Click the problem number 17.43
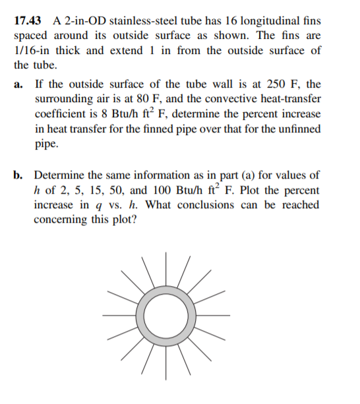[28, 21]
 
